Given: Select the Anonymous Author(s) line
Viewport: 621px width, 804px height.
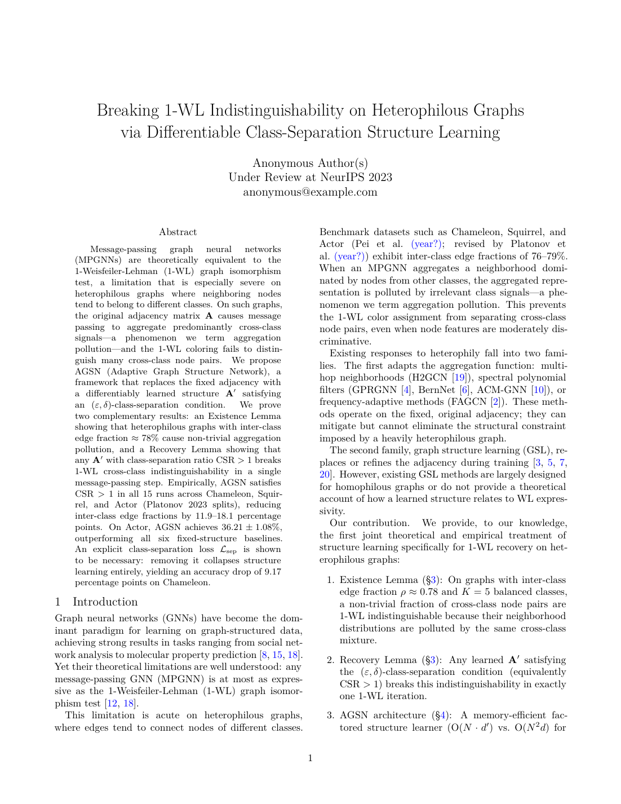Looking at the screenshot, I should (x=310, y=164).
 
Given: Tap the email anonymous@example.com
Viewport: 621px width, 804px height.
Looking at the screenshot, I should (x=310, y=192).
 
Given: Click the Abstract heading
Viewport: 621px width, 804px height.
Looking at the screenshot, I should (x=178, y=232).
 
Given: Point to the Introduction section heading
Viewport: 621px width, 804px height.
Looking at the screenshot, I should (x=105, y=602).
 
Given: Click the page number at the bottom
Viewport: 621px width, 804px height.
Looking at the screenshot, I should (x=310, y=758).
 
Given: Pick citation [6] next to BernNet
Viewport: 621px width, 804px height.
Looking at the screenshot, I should (x=465, y=390).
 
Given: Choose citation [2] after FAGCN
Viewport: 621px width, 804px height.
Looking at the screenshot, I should (x=496, y=402).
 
